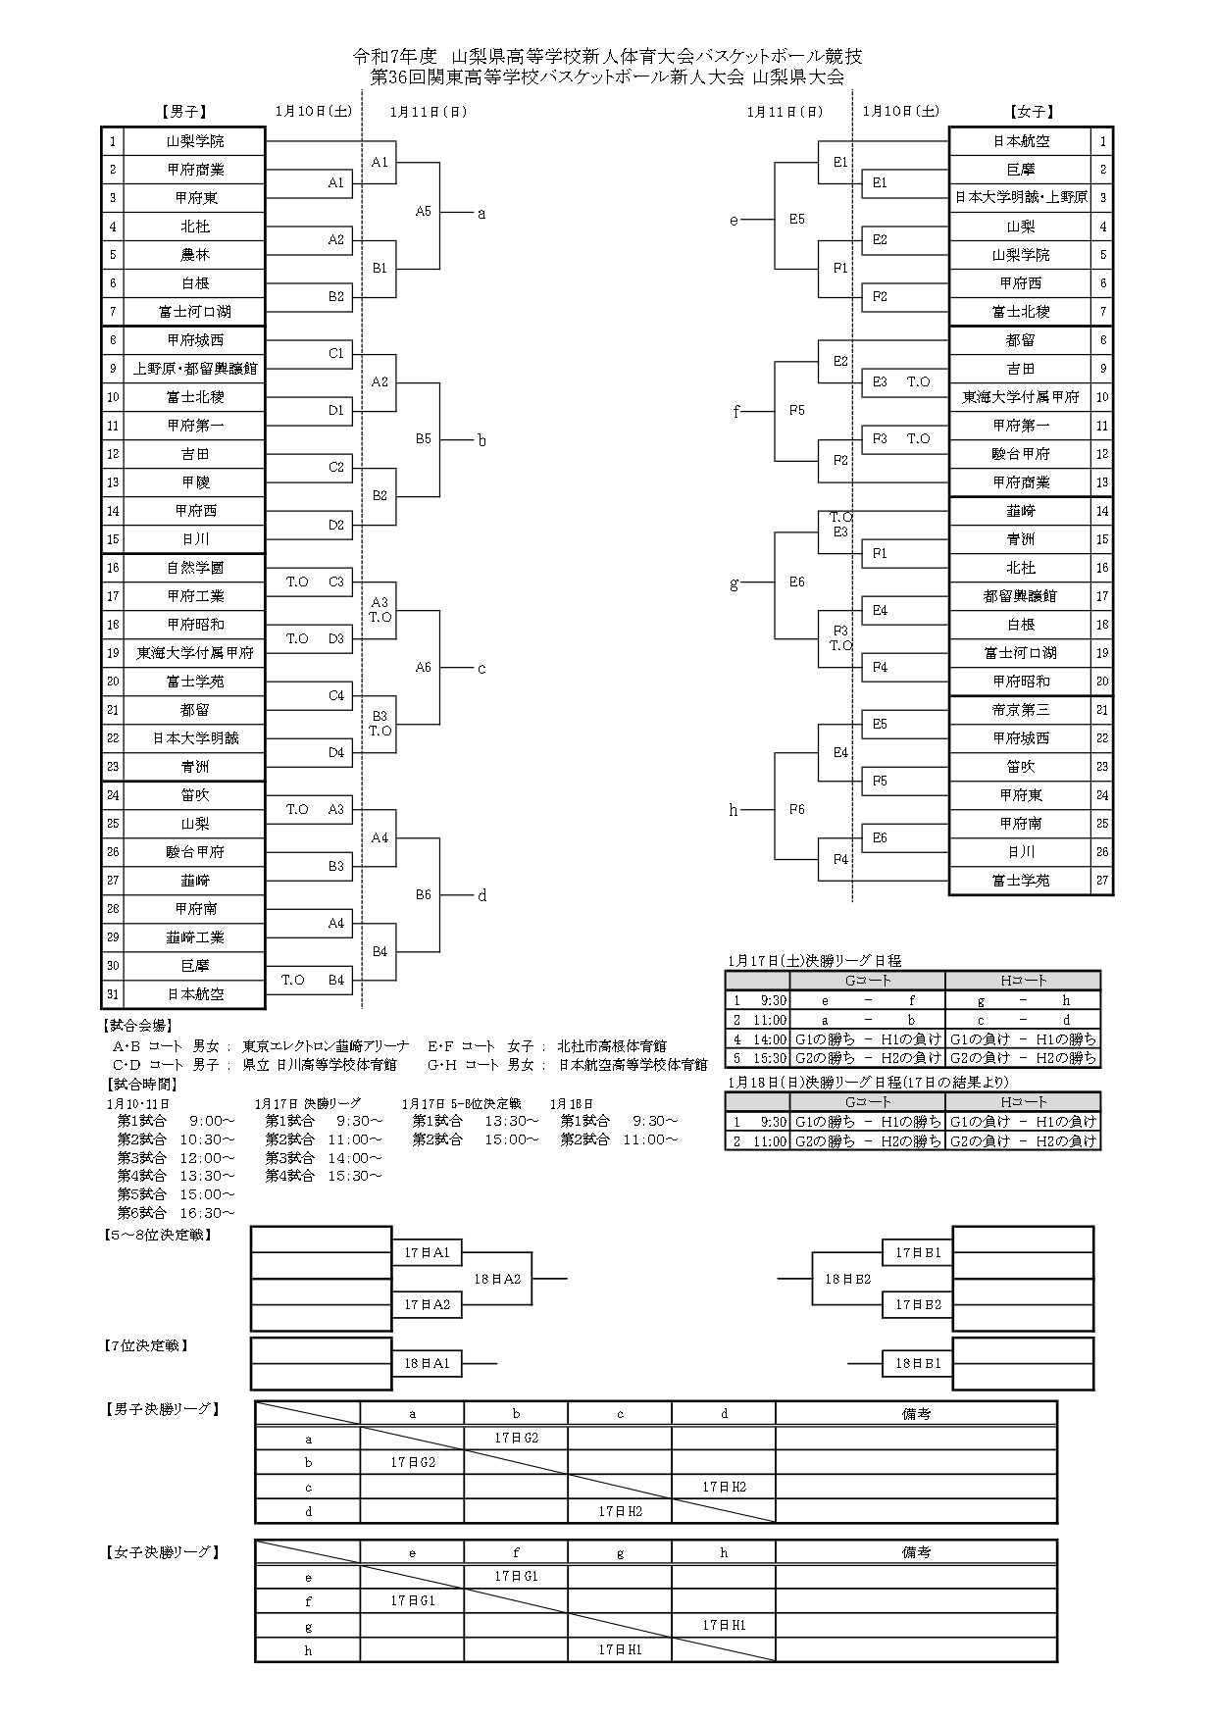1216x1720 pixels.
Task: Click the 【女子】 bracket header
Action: point(1032,112)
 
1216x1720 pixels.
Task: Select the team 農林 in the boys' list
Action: point(195,255)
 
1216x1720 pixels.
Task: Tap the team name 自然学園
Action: point(195,568)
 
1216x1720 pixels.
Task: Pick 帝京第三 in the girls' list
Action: point(1021,710)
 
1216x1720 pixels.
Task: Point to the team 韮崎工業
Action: point(195,937)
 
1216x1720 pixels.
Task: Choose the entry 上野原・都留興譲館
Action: point(195,369)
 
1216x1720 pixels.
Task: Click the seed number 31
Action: point(113,994)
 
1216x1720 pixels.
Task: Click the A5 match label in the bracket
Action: point(423,211)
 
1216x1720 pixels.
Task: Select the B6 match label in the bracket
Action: point(423,894)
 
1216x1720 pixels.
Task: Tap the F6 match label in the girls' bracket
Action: point(796,809)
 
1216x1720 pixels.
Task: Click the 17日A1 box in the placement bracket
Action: point(427,1252)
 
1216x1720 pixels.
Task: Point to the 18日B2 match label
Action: point(847,1279)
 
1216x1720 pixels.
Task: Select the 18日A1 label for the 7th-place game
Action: point(427,1363)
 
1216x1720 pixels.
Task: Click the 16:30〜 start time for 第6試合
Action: point(207,1213)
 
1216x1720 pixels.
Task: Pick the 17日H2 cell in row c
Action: point(724,1487)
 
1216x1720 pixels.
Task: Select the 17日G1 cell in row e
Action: point(516,1576)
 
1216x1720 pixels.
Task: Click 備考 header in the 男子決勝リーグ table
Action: point(916,1413)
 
